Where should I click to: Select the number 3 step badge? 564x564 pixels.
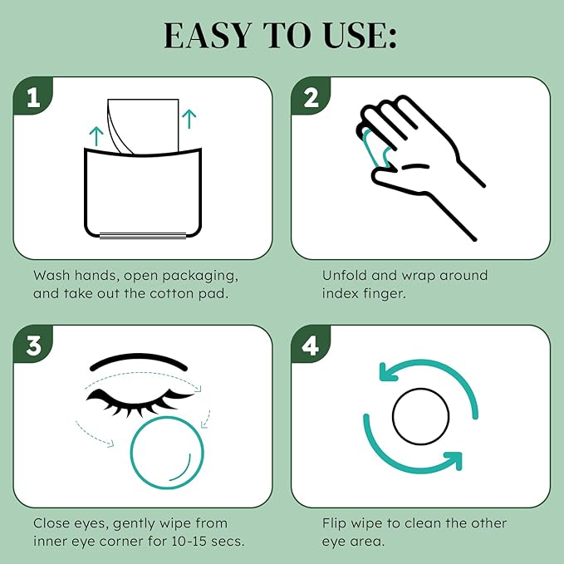[x=34, y=346]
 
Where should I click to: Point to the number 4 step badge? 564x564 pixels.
[x=311, y=346]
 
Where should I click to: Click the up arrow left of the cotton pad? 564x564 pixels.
[x=96, y=136]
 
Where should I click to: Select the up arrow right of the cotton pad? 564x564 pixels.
[x=190, y=118]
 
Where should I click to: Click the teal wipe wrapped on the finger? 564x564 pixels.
[x=375, y=146]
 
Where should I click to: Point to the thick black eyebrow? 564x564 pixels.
[x=145, y=365]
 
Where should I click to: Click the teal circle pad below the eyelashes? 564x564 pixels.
[x=167, y=452]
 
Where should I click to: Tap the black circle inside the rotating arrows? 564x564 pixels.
[x=420, y=418]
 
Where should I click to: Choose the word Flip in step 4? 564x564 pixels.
[x=336, y=523]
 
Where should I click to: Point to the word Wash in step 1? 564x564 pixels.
[x=51, y=275]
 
